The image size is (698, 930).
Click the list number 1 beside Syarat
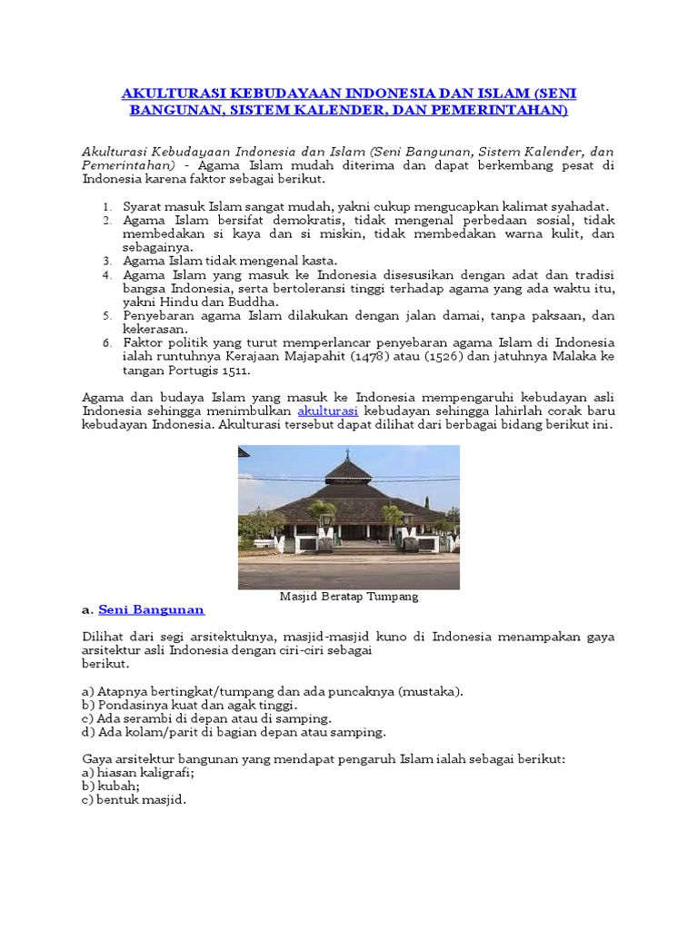[106, 207]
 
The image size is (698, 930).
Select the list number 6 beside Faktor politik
[106, 343]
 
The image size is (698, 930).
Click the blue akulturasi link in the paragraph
[327, 411]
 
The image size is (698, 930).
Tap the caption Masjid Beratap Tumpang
[349, 597]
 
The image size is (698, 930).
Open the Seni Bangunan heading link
[151, 609]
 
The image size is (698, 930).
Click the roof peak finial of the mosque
[348, 454]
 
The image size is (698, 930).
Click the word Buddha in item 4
[254, 302]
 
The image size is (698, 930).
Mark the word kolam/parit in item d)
[130, 731]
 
